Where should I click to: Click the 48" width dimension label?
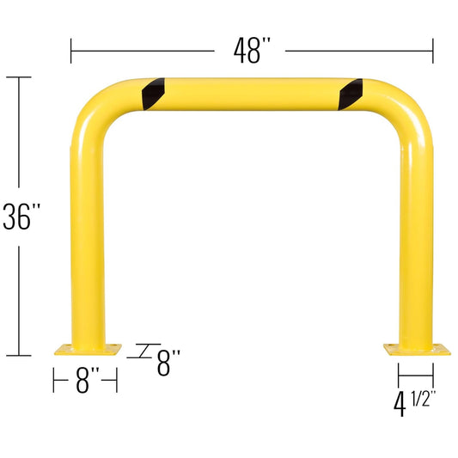coord(252,51)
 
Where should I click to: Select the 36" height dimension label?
coord(21,217)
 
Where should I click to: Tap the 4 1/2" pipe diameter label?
coord(414,403)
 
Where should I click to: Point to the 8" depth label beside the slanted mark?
coord(168,363)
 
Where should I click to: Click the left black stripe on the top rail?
coord(153,94)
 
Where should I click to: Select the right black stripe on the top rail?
coord(351,95)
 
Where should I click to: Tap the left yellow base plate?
coord(88,350)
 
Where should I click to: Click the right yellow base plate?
coord(417,350)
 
